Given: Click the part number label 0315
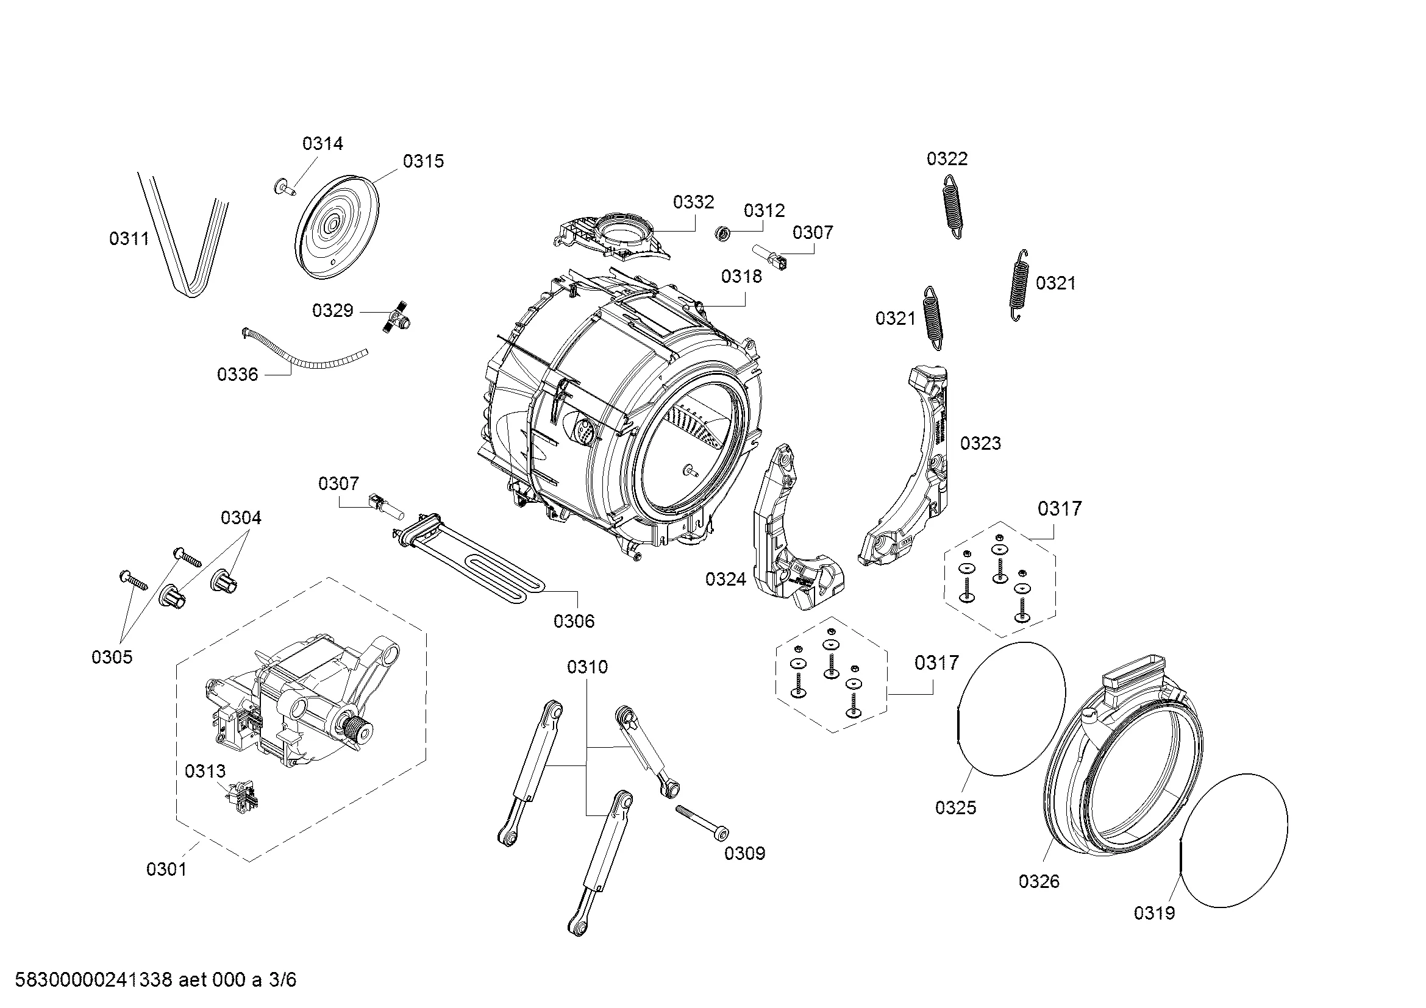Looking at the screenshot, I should pyautogui.click(x=423, y=161).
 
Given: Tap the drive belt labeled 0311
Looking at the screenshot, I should pyautogui.click(x=187, y=248).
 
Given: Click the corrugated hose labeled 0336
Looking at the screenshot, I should pyautogui.click(x=304, y=357).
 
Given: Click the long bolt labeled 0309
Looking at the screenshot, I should pyautogui.click(x=701, y=822).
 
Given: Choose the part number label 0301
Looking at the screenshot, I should pyautogui.click(x=166, y=869).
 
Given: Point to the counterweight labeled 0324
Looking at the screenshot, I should pyautogui.click(x=789, y=540).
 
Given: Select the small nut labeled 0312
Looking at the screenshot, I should pyautogui.click(x=722, y=234).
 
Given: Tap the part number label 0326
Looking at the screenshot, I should pyautogui.click(x=1038, y=881).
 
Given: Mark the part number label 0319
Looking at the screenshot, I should pyautogui.click(x=1154, y=912).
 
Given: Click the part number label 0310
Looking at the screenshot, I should pyautogui.click(x=587, y=667).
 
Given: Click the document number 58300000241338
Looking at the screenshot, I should pyautogui.click(x=93, y=980).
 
